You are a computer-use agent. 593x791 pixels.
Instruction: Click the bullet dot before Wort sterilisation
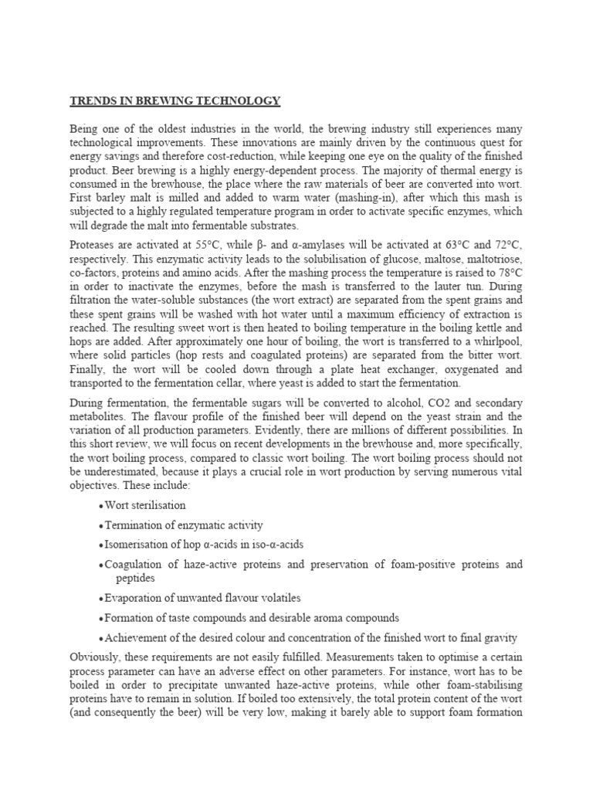[x=102, y=506]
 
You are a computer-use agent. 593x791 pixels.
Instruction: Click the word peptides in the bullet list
[x=135, y=578]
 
